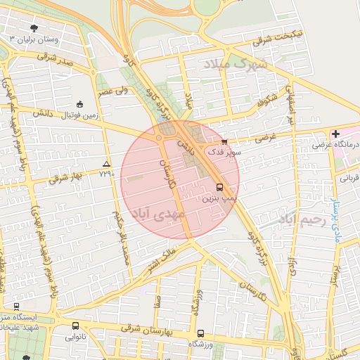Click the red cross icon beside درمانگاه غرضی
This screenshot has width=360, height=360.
click(x=336, y=134)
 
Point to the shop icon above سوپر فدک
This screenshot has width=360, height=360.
click(x=224, y=141)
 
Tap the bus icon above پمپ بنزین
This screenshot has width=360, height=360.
click(x=220, y=188)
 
